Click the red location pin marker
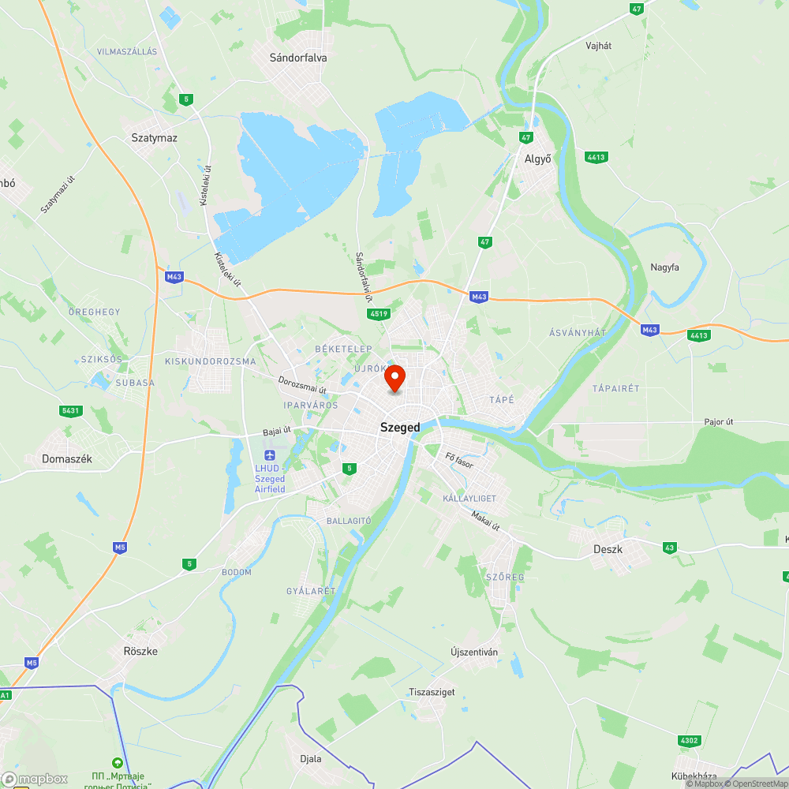394,379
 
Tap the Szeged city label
400,428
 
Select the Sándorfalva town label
298,58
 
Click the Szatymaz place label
154,137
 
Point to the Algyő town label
538,159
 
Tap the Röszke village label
140,651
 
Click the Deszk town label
608,549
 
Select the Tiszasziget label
432,692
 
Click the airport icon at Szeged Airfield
270,455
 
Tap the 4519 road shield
379,314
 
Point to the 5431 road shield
71,410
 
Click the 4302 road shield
689,741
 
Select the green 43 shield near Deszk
670,548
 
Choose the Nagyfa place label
664,267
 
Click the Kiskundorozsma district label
211,361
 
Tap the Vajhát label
599,46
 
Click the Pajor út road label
719,422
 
